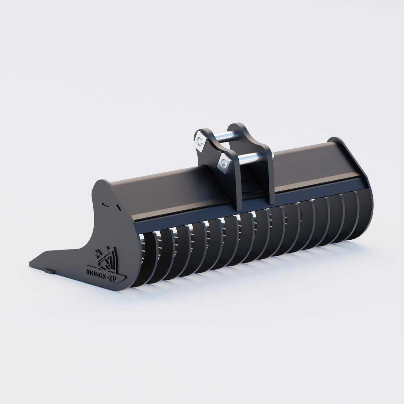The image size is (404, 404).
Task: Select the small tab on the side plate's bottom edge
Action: [48, 270]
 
